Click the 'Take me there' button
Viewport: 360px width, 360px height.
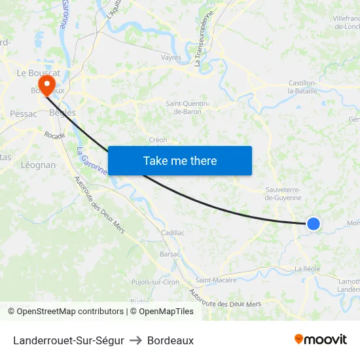coord(180,160)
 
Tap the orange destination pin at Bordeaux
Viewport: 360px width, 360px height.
coord(47,84)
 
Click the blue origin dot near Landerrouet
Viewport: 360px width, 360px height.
coord(314,224)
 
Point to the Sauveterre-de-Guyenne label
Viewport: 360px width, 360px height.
coord(283,193)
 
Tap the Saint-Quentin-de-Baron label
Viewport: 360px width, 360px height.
coord(187,107)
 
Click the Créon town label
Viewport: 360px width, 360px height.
coord(158,139)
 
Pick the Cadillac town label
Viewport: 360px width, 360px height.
coord(173,232)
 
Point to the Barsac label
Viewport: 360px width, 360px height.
coord(170,254)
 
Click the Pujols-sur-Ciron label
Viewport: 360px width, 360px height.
coord(155,282)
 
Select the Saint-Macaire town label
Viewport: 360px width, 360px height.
coord(216,280)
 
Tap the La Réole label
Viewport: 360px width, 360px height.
coord(306,269)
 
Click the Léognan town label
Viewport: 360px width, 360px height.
coord(39,165)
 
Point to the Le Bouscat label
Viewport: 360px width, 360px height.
coord(39,73)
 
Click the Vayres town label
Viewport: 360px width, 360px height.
coord(171,58)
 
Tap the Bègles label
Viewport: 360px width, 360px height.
coord(63,113)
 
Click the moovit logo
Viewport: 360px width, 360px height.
coord(321,339)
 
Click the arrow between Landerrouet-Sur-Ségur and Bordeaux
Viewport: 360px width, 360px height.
coord(135,340)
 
